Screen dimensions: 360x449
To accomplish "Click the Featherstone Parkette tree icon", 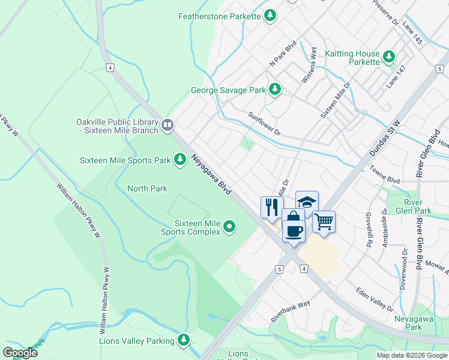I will (271, 16).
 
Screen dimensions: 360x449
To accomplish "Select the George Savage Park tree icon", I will (275, 90).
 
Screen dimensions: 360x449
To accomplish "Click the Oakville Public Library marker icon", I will (167, 125).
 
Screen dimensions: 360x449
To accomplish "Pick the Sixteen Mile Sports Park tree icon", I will (179, 160).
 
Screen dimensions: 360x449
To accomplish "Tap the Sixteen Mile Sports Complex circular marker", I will (229, 226).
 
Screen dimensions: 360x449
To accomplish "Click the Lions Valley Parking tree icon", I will (184, 341).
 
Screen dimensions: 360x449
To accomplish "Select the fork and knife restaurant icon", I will (271, 206).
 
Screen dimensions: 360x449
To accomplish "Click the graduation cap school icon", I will (307, 202).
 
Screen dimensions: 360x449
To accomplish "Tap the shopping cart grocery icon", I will (324, 221).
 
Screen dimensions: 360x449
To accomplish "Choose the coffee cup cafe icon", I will (293, 230).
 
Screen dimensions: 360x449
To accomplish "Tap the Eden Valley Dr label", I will (373, 299).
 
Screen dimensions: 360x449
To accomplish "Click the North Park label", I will (147, 188).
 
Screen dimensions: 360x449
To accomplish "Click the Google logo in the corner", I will (20, 353).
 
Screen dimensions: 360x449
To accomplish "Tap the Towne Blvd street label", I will (384, 175).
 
